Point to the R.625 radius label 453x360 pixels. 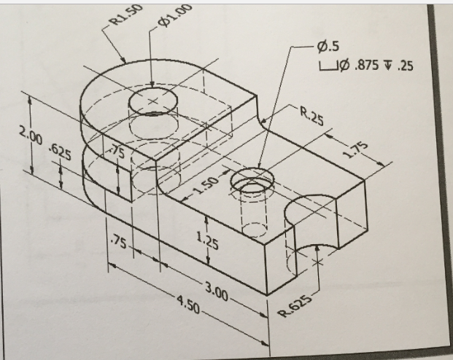point(296,305)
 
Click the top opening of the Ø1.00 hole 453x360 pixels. point(152,101)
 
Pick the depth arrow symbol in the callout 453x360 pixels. point(391,66)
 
